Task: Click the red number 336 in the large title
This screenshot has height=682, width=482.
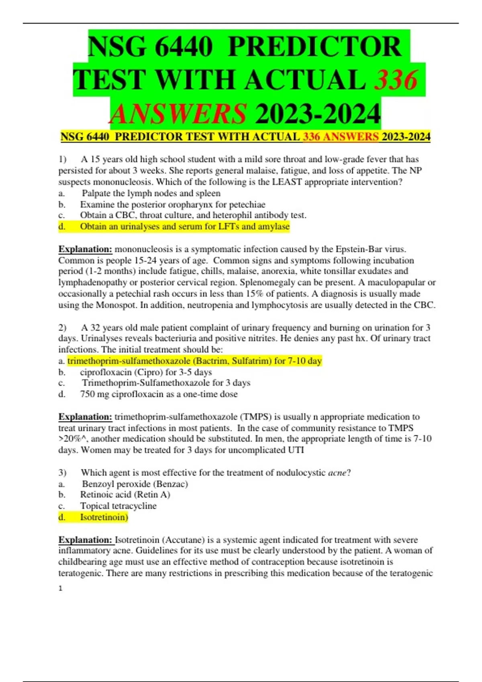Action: [396, 79]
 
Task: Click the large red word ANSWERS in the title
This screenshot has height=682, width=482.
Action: [178, 114]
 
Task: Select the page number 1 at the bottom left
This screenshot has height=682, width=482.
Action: [61, 588]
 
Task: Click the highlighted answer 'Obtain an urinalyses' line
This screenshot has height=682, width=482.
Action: [184, 227]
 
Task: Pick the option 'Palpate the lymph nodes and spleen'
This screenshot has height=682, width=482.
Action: [151, 193]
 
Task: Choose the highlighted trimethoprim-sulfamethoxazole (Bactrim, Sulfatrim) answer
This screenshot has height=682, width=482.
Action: [194, 361]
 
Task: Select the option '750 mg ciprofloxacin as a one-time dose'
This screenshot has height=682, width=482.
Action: [159, 394]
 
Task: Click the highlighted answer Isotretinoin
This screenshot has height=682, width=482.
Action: [104, 517]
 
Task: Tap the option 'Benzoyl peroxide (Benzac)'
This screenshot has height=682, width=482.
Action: [135, 484]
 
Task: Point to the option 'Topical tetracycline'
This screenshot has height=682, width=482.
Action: [118, 506]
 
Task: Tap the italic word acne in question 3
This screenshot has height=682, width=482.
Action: [337, 473]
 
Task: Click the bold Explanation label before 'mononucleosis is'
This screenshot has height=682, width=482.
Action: [85, 249]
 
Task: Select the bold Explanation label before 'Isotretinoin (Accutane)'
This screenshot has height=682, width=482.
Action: [85, 540]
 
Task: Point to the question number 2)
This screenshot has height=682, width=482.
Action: [62, 327]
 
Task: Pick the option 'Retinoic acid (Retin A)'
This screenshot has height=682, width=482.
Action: [125, 495]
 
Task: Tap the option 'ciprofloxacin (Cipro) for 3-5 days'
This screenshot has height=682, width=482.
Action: [146, 372]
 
